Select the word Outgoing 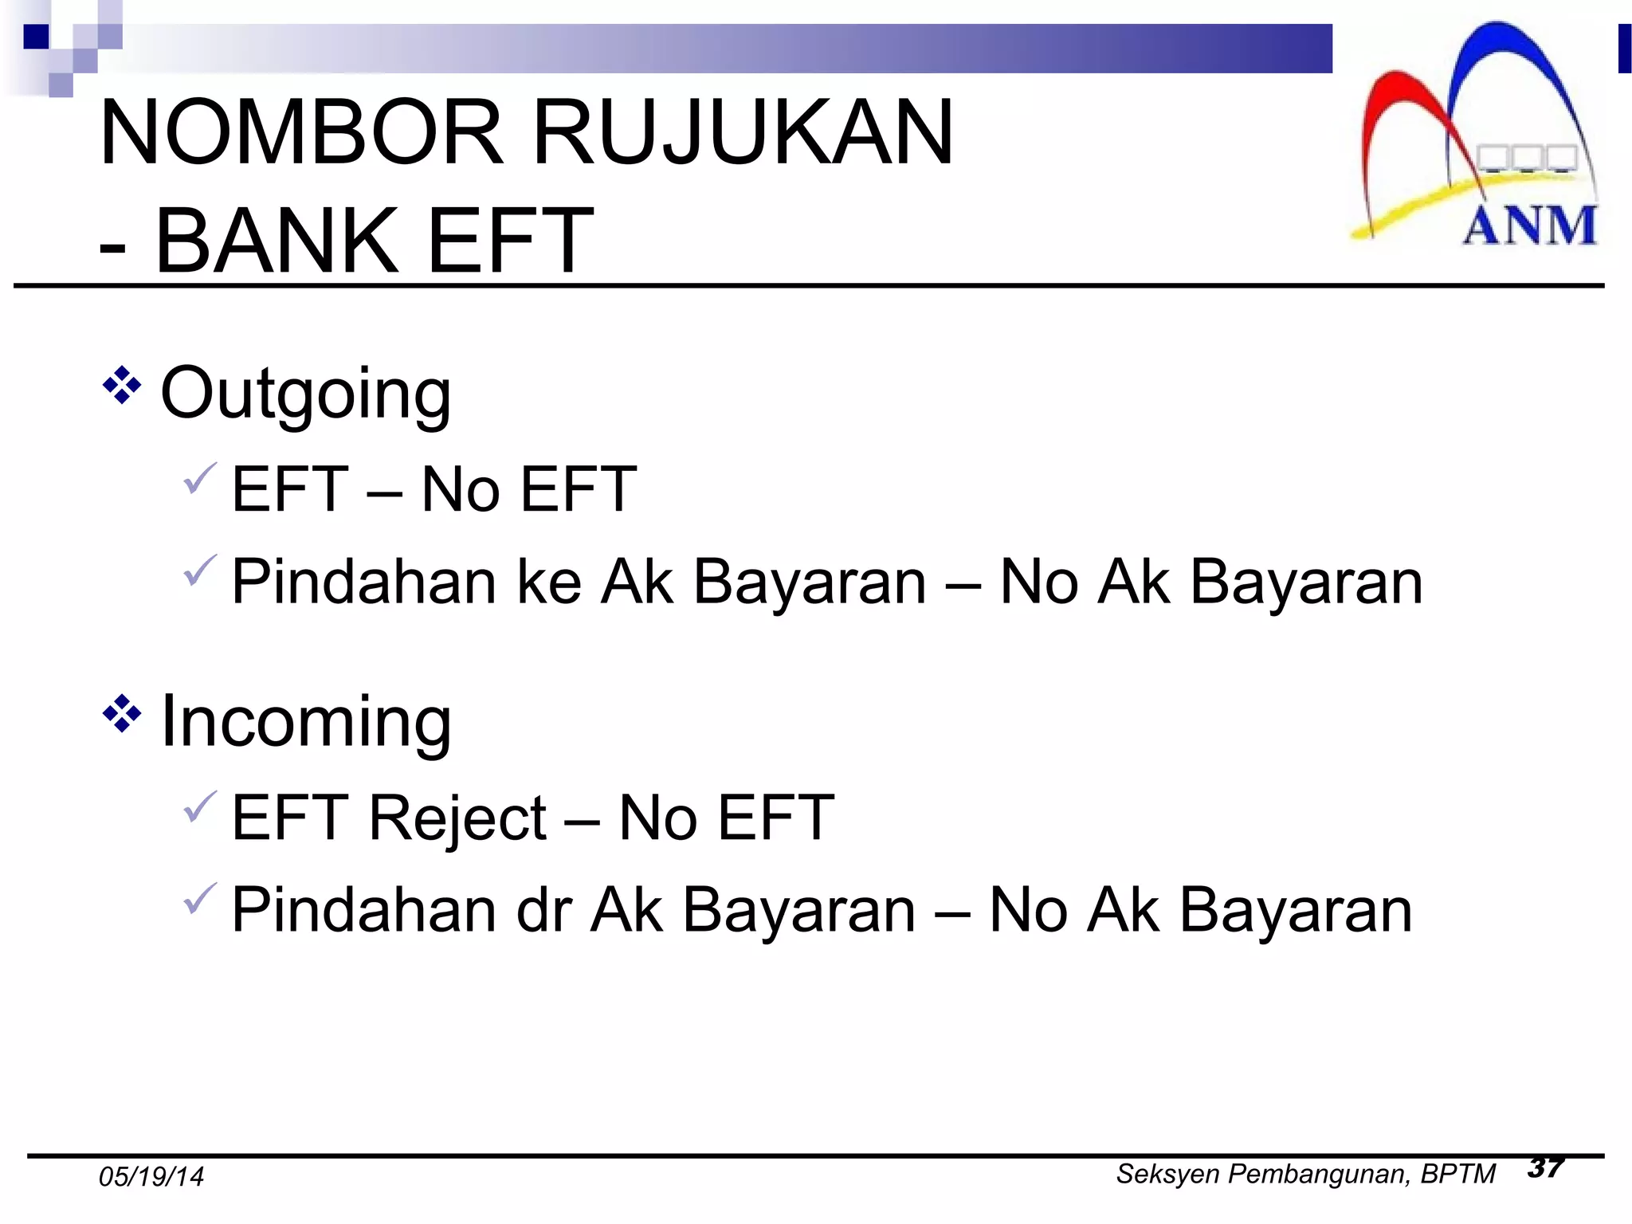coord(306,394)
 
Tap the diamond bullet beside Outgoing coord(122,386)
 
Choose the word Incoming coord(306,722)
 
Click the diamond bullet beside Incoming coord(122,713)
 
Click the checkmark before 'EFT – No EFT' coord(199,478)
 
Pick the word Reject coord(457,818)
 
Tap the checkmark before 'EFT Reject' coord(199,806)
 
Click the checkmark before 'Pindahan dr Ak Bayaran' coord(199,899)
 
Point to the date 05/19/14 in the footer coord(151,1177)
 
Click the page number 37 coord(1546,1168)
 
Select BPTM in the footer coord(1457,1175)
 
